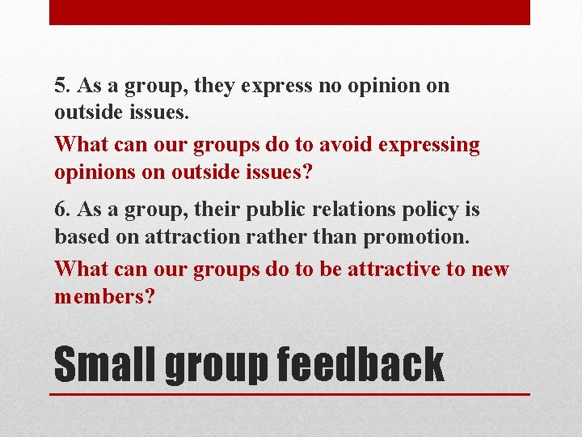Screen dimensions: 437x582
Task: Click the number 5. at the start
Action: (62, 86)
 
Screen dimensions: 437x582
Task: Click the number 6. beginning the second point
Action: (62, 210)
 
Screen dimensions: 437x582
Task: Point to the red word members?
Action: (104, 296)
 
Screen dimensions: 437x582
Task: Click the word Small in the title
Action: (105, 364)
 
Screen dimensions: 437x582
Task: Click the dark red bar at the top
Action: (289, 12)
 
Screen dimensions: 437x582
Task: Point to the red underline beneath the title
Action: (289, 394)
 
